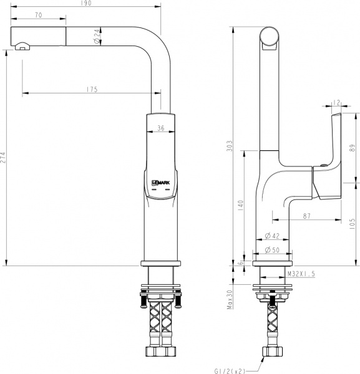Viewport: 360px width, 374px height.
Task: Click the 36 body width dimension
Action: tap(160, 129)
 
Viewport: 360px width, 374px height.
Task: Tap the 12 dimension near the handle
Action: tap(336, 103)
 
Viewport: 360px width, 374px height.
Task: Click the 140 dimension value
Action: tap(240, 206)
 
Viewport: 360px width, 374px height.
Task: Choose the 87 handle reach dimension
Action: tap(306, 216)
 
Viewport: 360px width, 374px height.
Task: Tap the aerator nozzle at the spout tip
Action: tap(22, 45)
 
